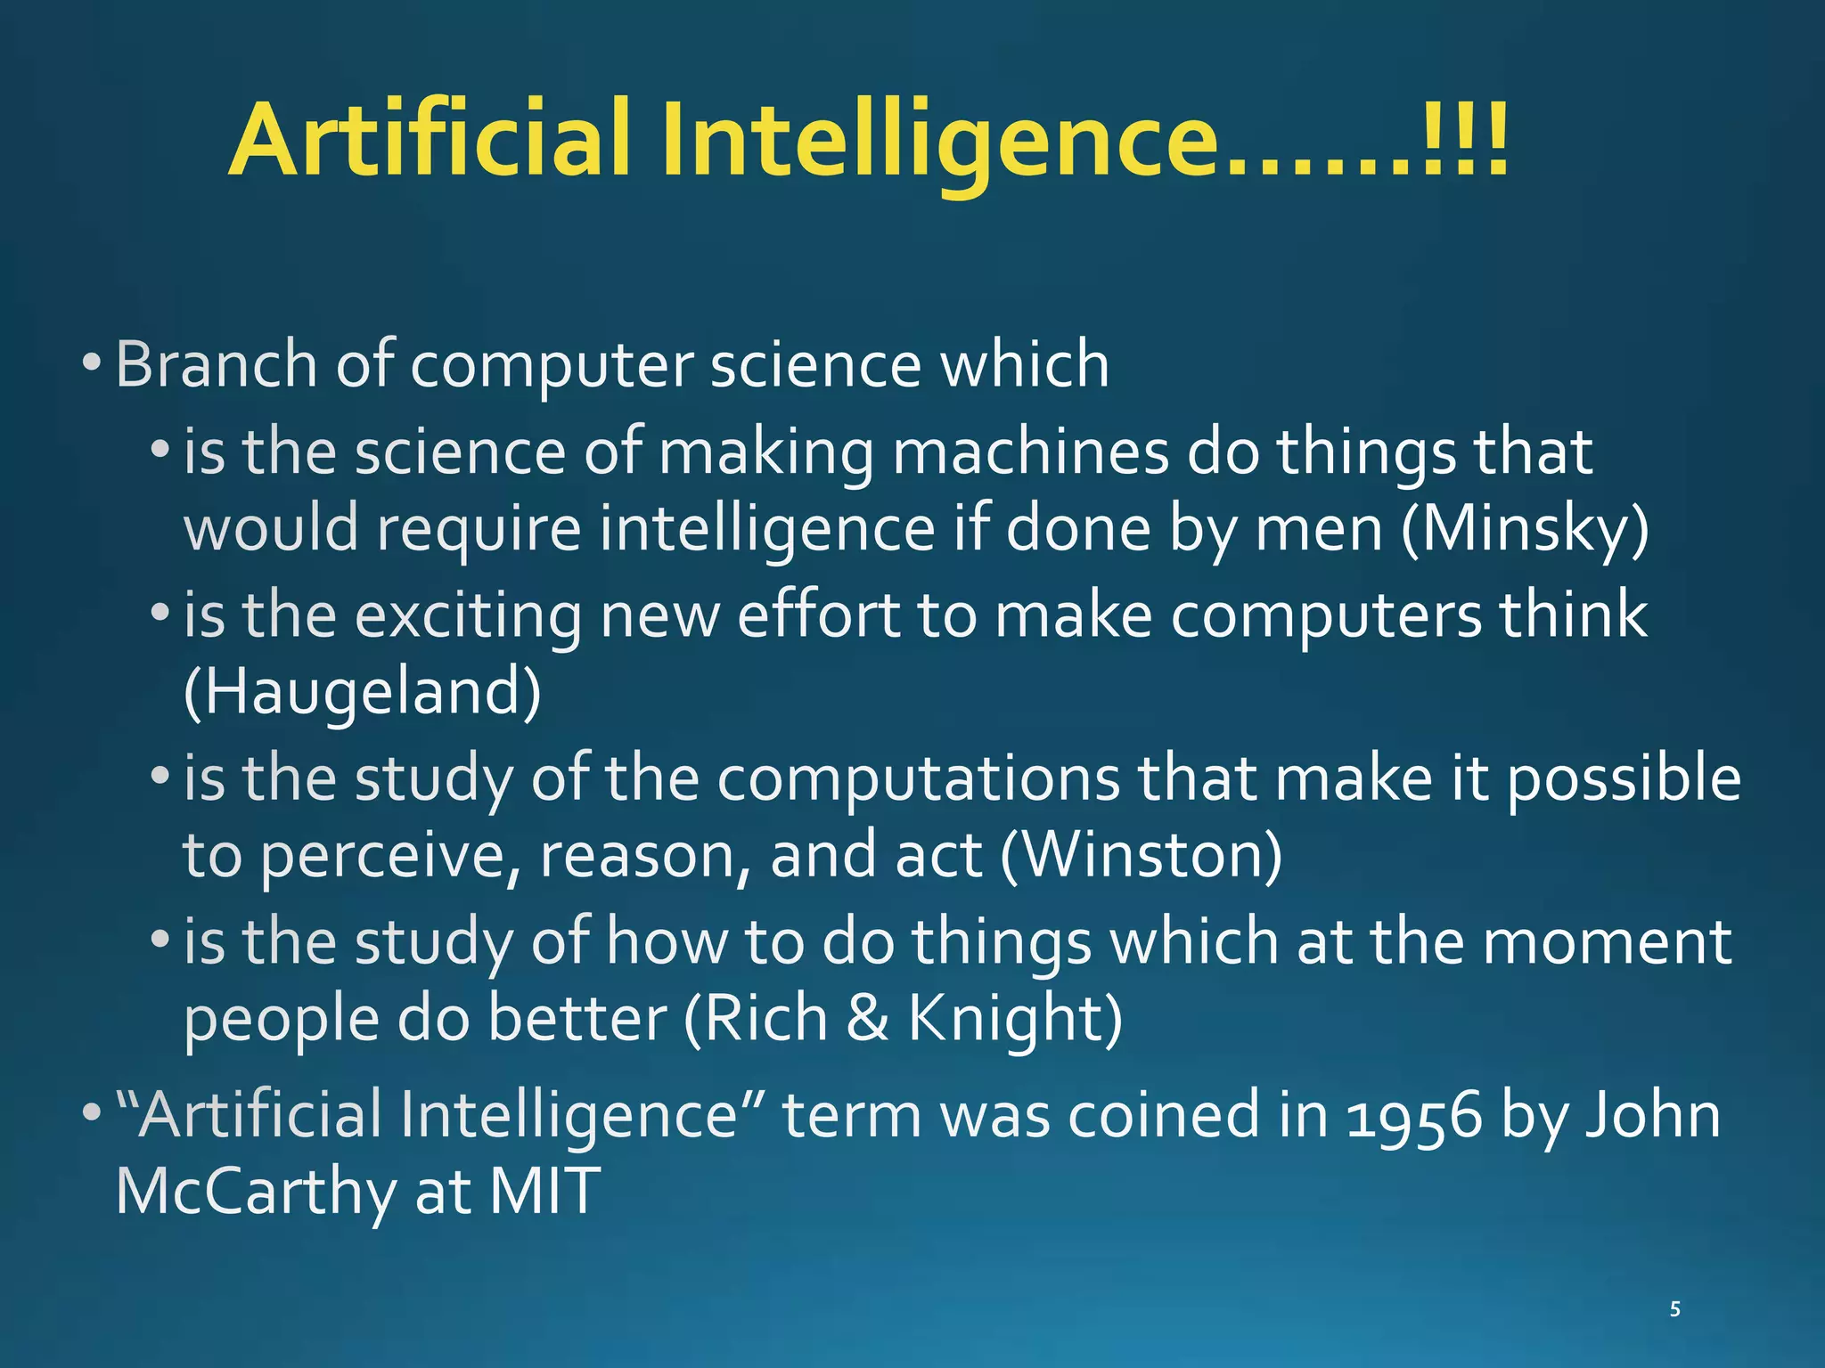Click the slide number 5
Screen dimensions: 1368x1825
tap(1675, 1309)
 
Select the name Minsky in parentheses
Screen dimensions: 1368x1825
tap(1525, 529)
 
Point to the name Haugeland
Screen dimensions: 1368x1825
tap(362, 692)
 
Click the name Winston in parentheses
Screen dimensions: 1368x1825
tap(1142, 855)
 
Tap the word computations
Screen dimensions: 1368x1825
tap(918, 778)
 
